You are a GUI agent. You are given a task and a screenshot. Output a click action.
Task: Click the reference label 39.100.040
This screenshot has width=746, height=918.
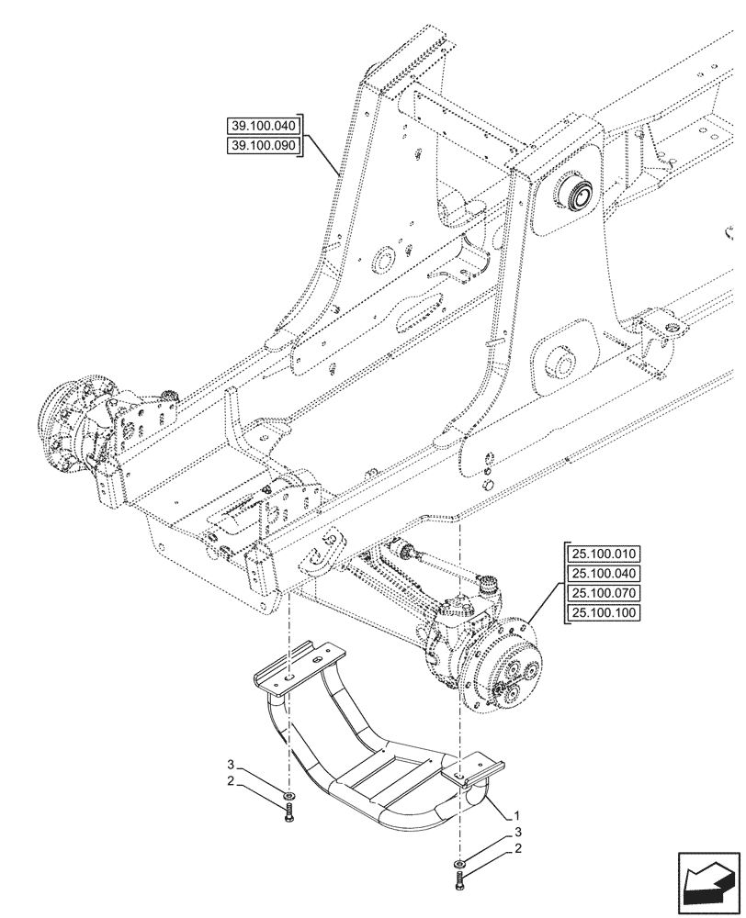[x=265, y=127]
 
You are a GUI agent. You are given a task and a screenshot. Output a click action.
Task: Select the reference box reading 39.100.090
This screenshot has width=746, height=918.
[x=265, y=147]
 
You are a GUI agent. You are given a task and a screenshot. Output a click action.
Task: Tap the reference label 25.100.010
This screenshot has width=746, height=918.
[x=605, y=554]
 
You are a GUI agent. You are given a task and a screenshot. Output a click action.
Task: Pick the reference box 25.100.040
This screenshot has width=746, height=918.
[x=605, y=574]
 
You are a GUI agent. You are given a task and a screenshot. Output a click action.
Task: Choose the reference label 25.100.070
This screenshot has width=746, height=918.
[x=605, y=594]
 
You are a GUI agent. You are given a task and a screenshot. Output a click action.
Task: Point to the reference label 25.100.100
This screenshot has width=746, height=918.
[x=605, y=614]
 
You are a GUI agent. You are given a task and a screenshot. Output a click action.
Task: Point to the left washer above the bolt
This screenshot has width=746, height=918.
[x=289, y=794]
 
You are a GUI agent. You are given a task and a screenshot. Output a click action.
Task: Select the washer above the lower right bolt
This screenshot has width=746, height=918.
[x=459, y=865]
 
